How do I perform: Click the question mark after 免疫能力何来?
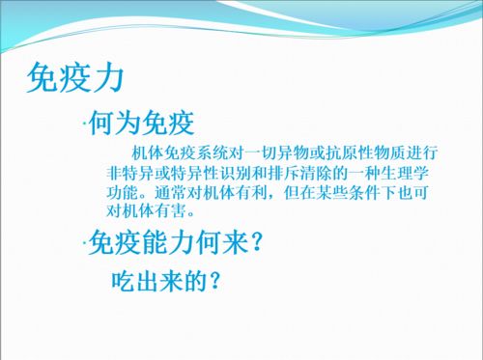pyautogui.click(x=257, y=242)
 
